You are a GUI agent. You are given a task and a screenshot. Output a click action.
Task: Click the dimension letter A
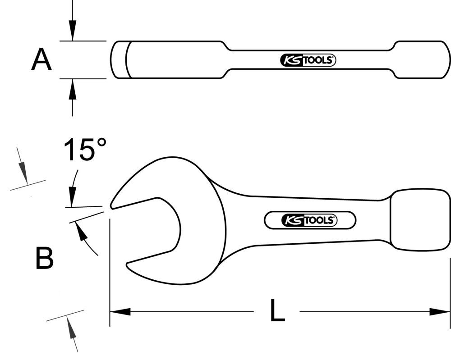[x=41, y=60]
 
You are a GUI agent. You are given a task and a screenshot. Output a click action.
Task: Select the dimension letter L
[x=277, y=311]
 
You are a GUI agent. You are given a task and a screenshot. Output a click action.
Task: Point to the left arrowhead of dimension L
[x=120, y=311]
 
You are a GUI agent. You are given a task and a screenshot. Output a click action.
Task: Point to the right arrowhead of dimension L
[x=440, y=311]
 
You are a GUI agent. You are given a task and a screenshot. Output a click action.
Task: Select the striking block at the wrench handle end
[x=419, y=219]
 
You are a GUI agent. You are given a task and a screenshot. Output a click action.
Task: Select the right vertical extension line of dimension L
[x=449, y=293]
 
